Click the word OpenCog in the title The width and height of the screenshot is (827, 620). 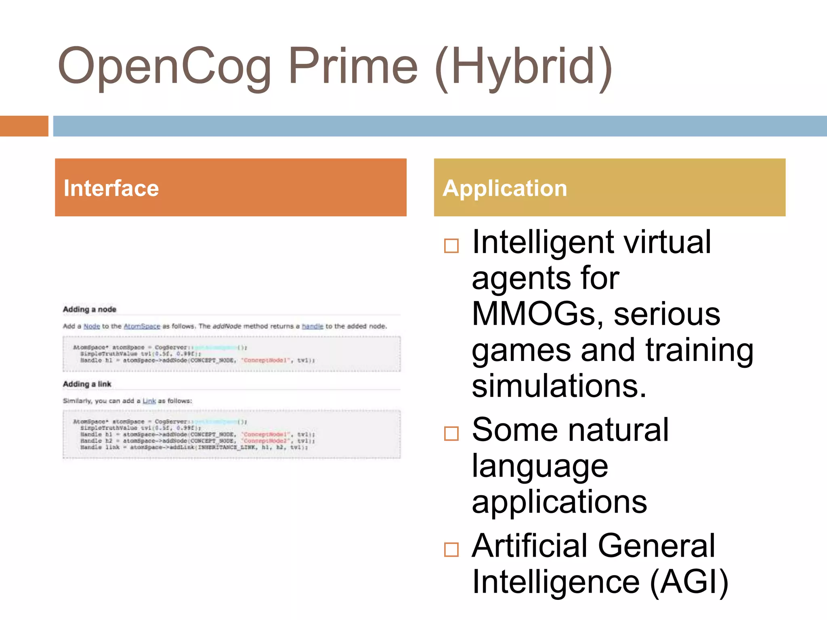point(165,67)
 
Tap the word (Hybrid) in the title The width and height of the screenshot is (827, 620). point(524,67)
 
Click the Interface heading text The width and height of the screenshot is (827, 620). point(111,189)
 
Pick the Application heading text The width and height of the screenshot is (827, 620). point(505,189)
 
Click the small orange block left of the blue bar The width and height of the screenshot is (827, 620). point(24,126)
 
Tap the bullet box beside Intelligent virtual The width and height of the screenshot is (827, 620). point(451,245)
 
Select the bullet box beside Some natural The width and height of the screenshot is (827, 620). point(451,434)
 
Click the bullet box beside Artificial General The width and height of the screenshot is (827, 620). point(451,549)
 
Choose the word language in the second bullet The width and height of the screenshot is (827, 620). point(540,466)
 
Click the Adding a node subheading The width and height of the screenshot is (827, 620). point(89,310)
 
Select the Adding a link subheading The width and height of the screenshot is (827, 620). point(87,384)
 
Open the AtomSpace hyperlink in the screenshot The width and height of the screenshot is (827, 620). point(142,326)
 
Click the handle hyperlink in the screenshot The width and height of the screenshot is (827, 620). point(313,326)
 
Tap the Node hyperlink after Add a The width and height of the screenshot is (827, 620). point(92,326)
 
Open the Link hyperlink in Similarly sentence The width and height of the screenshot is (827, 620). point(149,401)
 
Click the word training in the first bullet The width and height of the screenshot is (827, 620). point(699,350)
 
